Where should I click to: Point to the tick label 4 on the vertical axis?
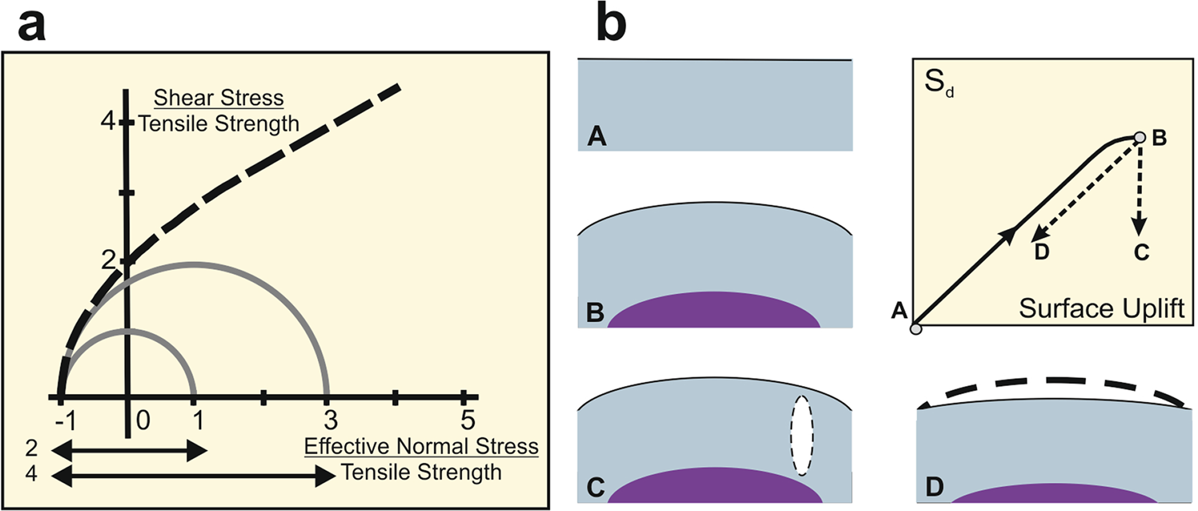pyautogui.click(x=103, y=123)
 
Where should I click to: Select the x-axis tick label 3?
pyautogui.click(x=329, y=419)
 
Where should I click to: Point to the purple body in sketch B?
pyautogui.click(x=714, y=312)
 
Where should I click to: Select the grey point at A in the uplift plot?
pyautogui.click(x=915, y=327)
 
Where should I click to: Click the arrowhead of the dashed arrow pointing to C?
pyautogui.click(x=1141, y=223)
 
